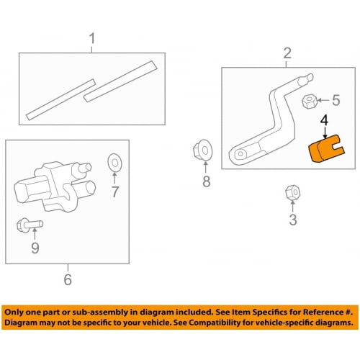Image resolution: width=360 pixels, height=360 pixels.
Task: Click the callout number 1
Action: pyautogui.click(x=91, y=37)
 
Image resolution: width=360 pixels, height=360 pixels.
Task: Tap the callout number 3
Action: pyautogui.click(x=292, y=220)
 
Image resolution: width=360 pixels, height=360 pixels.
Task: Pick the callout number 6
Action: pyautogui.click(x=68, y=279)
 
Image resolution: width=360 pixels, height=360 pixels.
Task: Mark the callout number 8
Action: pyautogui.click(x=206, y=181)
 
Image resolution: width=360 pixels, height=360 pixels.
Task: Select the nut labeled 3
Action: pyautogui.click(x=292, y=193)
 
